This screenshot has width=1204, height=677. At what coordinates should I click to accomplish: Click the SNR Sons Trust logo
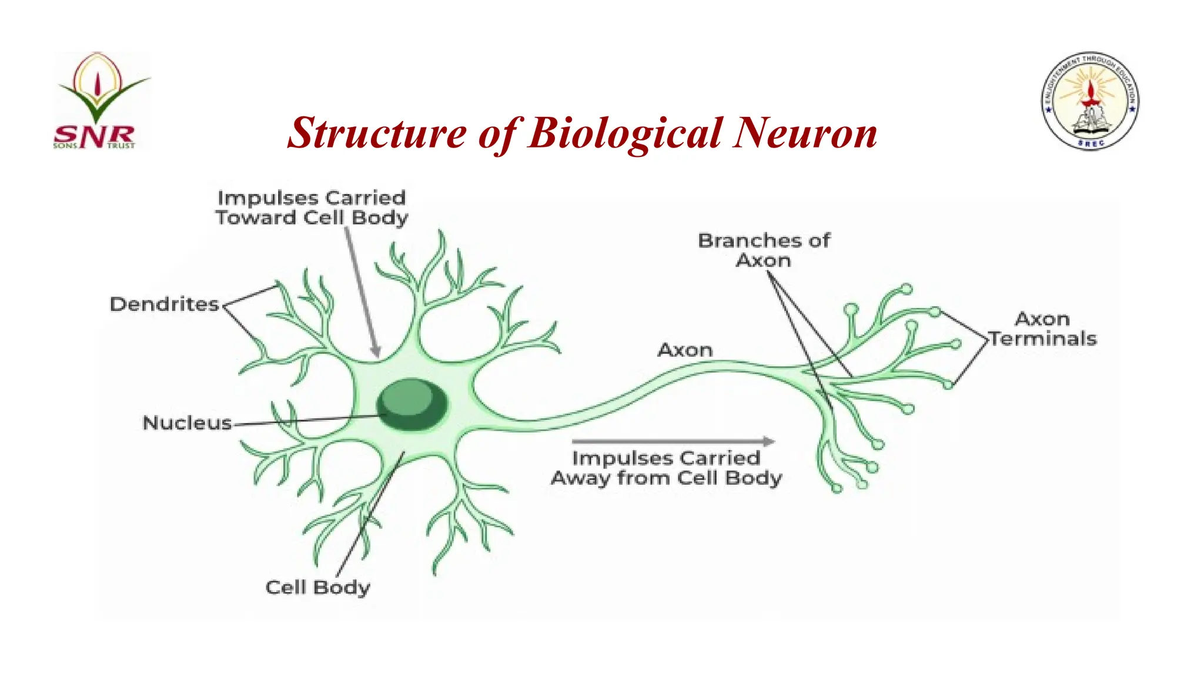[x=101, y=101]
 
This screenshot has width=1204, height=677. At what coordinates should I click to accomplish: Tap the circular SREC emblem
[x=1091, y=100]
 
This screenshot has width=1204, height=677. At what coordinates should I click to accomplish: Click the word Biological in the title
[x=625, y=133]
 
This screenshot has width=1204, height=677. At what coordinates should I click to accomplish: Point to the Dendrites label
[x=164, y=304]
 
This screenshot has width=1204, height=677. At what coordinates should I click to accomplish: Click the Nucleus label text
[x=187, y=423]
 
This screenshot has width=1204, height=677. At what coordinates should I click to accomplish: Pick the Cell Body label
[x=317, y=587]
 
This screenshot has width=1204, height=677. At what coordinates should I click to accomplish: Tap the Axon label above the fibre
[x=685, y=350]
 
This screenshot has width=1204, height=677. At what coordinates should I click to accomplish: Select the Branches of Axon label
[x=763, y=250]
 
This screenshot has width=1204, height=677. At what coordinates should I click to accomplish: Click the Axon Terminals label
[x=1042, y=329]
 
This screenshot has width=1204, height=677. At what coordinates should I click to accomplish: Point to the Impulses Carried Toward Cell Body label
[x=312, y=207]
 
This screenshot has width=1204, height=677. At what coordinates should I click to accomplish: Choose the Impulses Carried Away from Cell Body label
[x=666, y=468]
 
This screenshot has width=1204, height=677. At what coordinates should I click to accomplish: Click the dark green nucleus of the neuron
[x=412, y=404]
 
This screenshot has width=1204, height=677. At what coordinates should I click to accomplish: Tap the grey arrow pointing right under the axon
[x=673, y=441]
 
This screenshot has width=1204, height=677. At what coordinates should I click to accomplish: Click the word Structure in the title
[x=376, y=133]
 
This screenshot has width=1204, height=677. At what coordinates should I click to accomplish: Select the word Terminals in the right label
[x=1042, y=338]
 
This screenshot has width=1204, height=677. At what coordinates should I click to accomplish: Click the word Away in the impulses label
[x=580, y=478]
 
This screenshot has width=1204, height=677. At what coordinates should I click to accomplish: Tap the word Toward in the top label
[x=256, y=218]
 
